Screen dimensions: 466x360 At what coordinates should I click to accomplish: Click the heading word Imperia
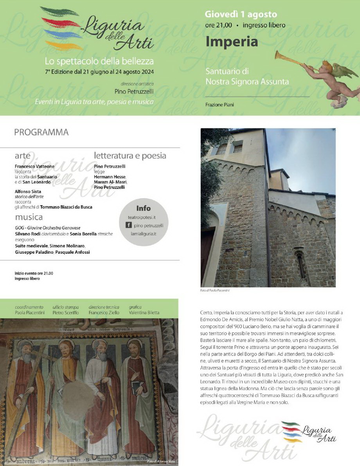(232, 42)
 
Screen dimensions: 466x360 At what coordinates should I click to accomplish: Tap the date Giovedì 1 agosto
(241, 15)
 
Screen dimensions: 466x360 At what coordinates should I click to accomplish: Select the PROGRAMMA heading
(41, 132)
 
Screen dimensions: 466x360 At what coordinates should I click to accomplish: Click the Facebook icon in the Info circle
(128, 225)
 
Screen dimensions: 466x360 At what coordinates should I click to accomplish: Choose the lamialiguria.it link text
(143, 234)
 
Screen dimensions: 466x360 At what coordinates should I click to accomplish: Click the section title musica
(29, 217)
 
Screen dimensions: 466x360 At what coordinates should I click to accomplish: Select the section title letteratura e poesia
(130, 155)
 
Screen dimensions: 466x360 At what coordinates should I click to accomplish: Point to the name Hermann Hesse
(110, 177)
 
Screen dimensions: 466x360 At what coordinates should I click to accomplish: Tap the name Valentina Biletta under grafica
(144, 312)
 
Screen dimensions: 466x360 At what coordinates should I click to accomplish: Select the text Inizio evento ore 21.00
(34, 273)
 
